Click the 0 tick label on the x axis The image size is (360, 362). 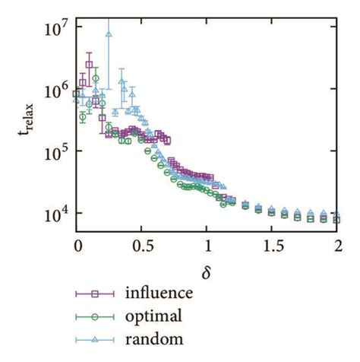[77, 246]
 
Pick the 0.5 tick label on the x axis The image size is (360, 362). [142, 246]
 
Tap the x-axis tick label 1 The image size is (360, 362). [208, 246]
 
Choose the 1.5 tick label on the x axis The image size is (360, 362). [273, 246]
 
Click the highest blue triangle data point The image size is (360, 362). [109, 33]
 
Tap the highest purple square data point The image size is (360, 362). [90, 65]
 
